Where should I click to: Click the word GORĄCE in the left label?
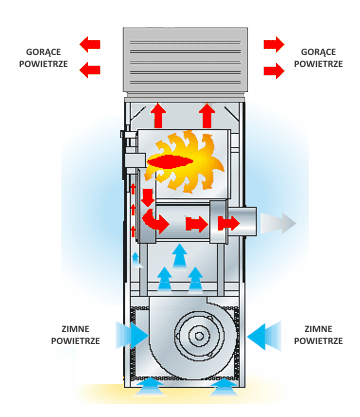coord(43,52)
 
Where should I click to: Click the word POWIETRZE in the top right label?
coord(318,64)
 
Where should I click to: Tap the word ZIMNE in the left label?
coord(76,329)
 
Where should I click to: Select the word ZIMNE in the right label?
coord(318,329)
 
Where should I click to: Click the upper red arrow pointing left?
coord(90,44)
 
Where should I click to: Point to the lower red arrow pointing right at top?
coord(274,71)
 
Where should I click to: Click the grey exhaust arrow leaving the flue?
coord(278,223)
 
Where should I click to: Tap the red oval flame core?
coord(170,162)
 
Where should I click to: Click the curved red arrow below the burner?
coord(155,221)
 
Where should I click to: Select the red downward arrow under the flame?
coord(147,198)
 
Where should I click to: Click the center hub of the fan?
coord(199,336)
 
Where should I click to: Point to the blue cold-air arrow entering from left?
coord(132,335)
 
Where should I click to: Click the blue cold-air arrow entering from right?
coord(264,336)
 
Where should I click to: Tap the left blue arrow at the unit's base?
coord(150,387)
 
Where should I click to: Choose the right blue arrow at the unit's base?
coord(224,387)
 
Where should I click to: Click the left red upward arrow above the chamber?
coord(158,115)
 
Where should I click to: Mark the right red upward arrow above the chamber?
coord(207,115)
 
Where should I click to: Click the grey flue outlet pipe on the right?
coord(242,221)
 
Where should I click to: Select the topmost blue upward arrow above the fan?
coord(180,255)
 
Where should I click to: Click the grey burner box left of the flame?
coord(135,160)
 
